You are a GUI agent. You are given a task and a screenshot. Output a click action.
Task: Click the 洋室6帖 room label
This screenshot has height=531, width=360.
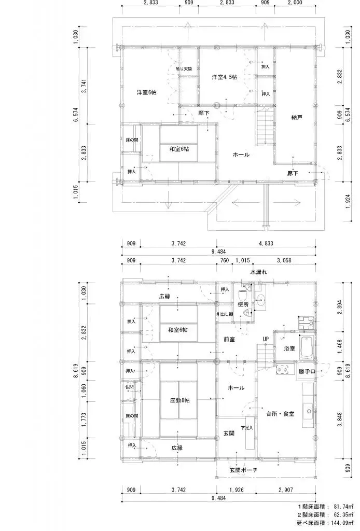pos(147,92)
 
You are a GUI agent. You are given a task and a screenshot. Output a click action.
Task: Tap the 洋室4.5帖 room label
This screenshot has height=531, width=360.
pos(224,77)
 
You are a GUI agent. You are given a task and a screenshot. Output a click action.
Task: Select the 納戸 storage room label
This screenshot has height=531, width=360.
pos(297,117)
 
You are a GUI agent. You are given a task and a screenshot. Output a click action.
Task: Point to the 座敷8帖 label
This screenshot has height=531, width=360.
pos(179,400)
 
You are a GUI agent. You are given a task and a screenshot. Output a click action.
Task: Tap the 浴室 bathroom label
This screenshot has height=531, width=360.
pos(289,348)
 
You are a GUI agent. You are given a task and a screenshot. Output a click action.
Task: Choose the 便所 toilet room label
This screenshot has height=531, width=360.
pos(244,304)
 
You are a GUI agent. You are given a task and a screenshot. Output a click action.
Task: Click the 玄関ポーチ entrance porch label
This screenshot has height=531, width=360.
pos(244,470)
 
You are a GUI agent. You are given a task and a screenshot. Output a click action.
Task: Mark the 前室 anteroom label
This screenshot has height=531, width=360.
pos(229,339)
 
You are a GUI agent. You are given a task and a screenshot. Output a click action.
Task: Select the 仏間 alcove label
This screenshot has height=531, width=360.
pos(130,387)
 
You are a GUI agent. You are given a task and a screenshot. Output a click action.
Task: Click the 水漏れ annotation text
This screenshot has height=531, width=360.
pos(259,272)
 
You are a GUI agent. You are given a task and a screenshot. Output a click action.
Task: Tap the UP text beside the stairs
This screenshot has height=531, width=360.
pos(266,339)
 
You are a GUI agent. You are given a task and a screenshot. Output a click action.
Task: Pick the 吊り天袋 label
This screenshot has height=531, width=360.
pos(184,68)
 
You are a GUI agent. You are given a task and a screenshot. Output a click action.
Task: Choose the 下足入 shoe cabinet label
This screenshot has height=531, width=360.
pos(246,428)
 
